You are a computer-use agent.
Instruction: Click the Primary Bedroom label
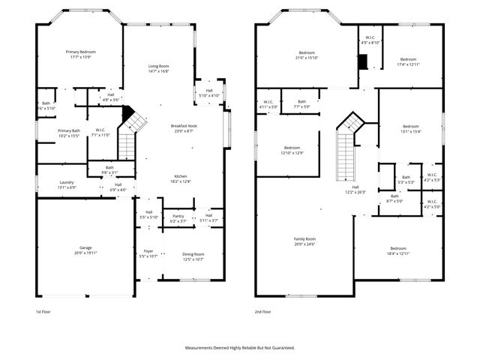[x=80, y=52]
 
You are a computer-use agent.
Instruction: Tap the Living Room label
[x=158, y=67]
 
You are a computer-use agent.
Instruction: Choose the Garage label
[x=85, y=247]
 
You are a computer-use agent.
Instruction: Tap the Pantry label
[x=178, y=217]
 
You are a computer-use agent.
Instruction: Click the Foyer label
[x=148, y=251]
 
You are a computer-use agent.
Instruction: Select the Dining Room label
[x=193, y=254]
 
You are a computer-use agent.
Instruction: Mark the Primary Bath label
[x=68, y=130]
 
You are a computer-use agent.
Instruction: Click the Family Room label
[x=304, y=239]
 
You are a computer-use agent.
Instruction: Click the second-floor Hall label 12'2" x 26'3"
[x=355, y=187]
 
